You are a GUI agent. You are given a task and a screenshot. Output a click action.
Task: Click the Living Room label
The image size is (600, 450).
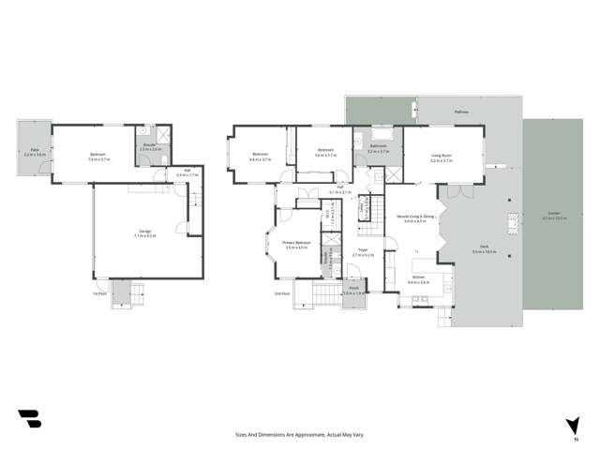point(442,157)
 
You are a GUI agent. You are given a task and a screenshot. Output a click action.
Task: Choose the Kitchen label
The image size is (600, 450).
point(419,277)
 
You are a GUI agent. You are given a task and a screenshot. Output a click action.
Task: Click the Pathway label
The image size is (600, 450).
point(461,112)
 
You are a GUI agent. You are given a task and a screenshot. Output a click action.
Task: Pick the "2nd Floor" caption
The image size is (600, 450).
point(280,293)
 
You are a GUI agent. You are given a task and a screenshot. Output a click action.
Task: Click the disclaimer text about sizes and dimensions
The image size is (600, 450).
point(300,435)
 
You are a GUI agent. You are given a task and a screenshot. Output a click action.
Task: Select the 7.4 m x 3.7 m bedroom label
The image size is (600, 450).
point(99,156)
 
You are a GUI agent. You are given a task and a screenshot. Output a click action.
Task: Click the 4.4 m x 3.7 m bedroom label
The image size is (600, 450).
point(260,156)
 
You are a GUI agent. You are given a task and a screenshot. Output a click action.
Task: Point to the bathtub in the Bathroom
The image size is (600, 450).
point(380,136)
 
